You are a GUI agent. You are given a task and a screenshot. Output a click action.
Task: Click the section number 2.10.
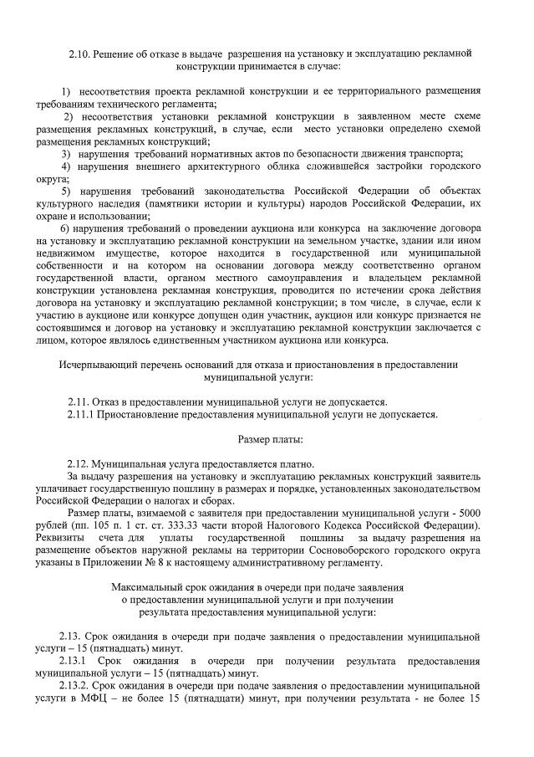coord(79,53)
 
